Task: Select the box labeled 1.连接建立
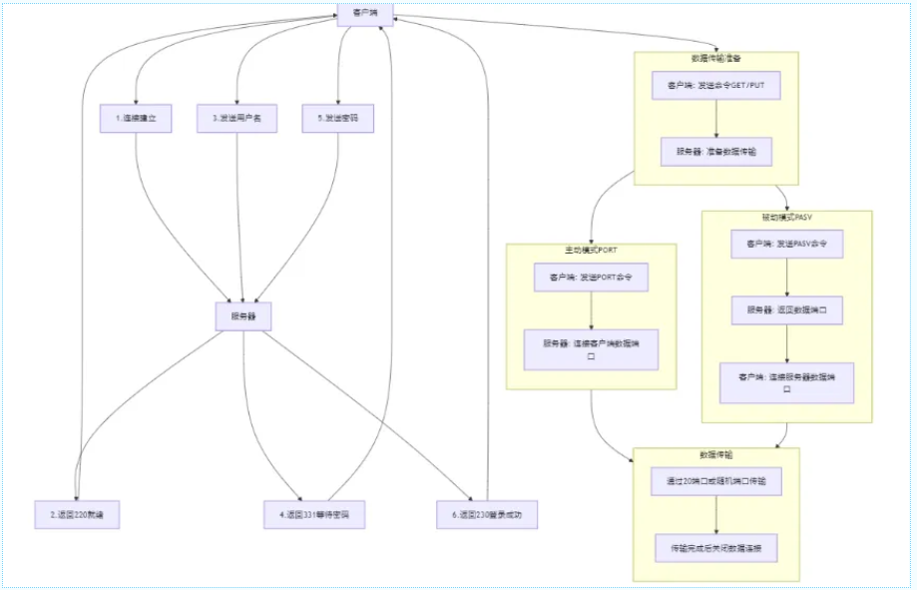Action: tap(136, 119)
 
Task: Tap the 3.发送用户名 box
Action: tap(236, 119)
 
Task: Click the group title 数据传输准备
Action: tap(715, 59)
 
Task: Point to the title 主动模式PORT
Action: tap(591, 250)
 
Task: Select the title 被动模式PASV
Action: tap(787, 217)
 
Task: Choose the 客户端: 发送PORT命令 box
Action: tap(591, 277)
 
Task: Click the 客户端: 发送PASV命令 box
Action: tap(787, 244)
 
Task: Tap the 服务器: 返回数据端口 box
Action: tap(787, 310)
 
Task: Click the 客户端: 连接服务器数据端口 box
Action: tap(787, 382)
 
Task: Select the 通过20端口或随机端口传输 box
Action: tap(715, 481)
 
